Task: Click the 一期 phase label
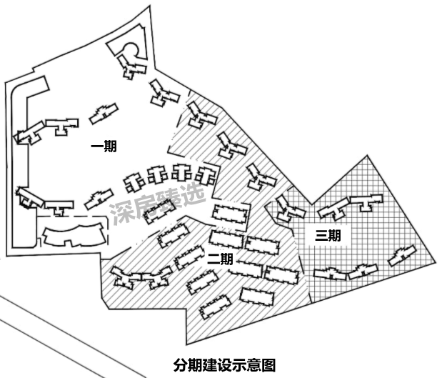coord(104,146)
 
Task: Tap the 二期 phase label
coord(220,259)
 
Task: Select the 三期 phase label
coord(328,236)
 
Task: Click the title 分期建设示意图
coord(224,365)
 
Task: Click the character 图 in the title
coord(268,365)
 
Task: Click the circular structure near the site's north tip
coord(131,50)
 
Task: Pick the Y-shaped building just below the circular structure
coord(131,66)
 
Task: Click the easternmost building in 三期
coord(402,255)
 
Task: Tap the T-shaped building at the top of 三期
coord(366,202)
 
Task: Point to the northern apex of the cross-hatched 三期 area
coord(367,155)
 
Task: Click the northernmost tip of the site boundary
coord(149,6)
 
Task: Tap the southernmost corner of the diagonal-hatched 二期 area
coord(186,344)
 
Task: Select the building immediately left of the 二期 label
coord(189,257)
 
